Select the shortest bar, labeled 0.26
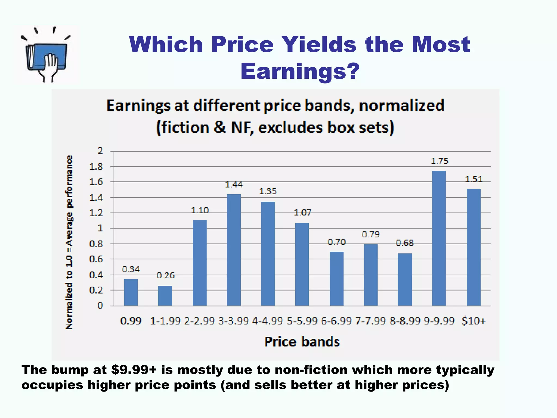(165, 296)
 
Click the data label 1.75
(440, 161)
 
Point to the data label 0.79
(370, 234)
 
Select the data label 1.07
(302, 212)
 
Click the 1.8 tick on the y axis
(96, 167)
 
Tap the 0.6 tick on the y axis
(96, 259)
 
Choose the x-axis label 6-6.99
(336, 321)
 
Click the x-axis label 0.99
(131, 321)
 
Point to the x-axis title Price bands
(302, 342)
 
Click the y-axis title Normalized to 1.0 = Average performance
(69, 242)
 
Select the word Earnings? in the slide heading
(300, 71)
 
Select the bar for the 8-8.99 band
(405, 279)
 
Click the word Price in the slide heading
(242, 44)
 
